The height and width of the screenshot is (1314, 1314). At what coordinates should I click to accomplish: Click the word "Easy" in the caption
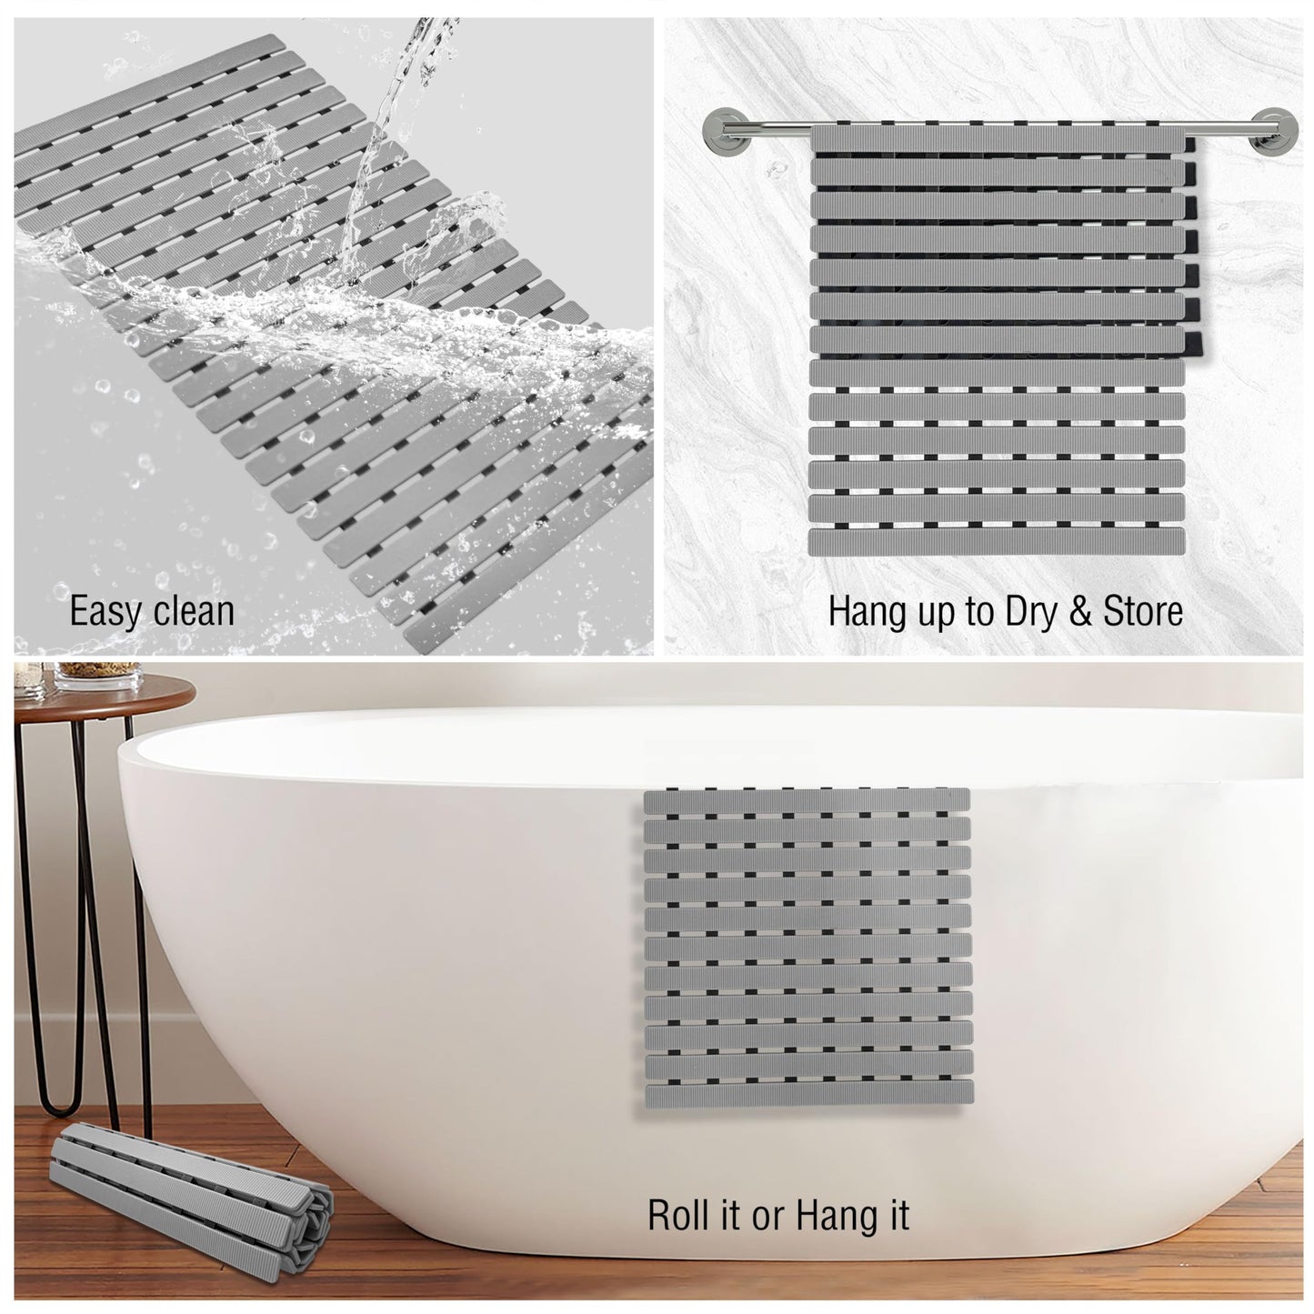(103, 611)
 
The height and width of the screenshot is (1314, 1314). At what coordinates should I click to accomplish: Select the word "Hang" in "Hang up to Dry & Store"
(862, 610)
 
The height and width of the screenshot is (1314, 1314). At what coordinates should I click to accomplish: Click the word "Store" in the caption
(1142, 610)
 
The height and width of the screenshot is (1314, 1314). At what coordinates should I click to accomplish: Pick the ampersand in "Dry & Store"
(1080, 610)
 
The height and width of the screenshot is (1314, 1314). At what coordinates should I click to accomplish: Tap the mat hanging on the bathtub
(806, 946)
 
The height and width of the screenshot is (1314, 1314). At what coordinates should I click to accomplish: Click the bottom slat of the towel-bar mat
(997, 542)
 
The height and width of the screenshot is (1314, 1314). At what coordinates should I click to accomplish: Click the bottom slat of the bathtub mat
(807, 1098)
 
